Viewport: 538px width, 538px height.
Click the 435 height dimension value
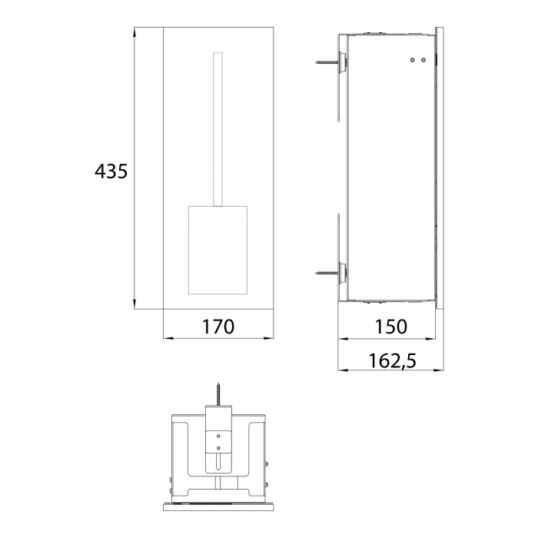pyautogui.click(x=111, y=171)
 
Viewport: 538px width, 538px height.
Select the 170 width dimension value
pyautogui.click(x=218, y=327)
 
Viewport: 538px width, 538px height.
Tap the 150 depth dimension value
pyautogui.click(x=391, y=327)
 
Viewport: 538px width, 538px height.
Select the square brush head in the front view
pyautogui.click(x=218, y=250)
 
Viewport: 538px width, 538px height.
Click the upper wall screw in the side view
pyautogui.click(x=330, y=64)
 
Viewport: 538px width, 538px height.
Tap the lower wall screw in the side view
pyautogui.click(x=330, y=271)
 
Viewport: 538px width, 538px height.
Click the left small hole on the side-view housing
pyautogui.click(x=413, y=59)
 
